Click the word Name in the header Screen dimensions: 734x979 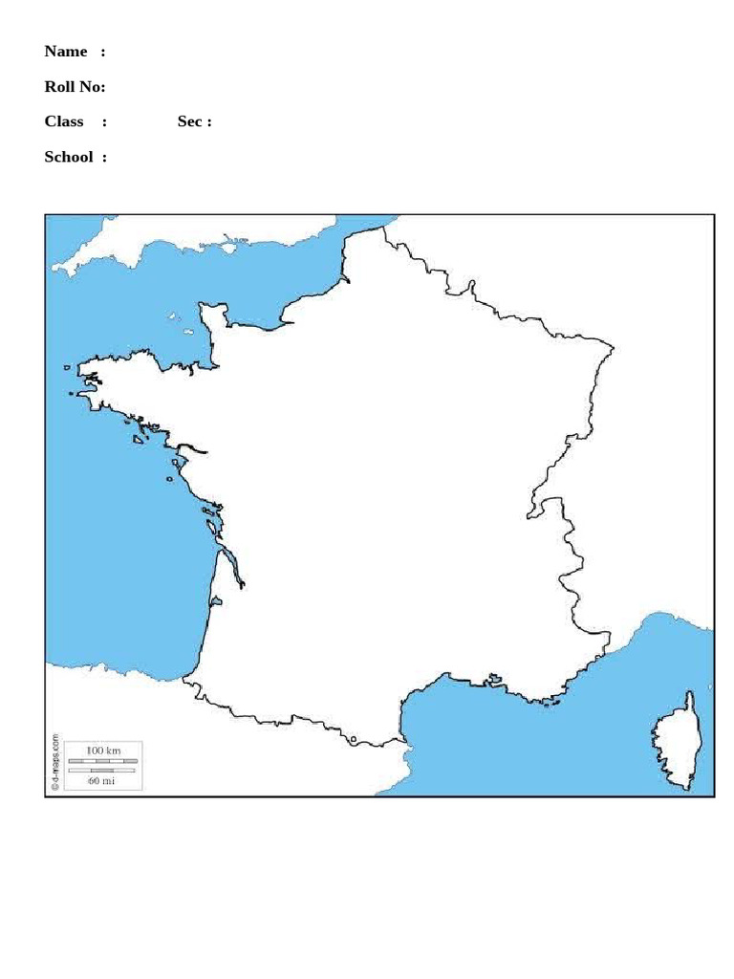pos(66,52)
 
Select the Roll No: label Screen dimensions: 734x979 pos(75,87)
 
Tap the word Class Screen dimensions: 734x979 pos(64,121)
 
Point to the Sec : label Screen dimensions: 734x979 pos(194,121)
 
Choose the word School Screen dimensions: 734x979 pos(69,157)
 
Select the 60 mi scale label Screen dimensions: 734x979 pos(102,780)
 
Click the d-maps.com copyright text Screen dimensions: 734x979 pos(55,762)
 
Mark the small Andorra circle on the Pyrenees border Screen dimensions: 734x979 pos(354,739)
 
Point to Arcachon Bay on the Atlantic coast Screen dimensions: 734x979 pos(216,602)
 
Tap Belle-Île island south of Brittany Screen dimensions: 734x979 pos(139,440)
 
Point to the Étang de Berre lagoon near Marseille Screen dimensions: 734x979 pos(494,680)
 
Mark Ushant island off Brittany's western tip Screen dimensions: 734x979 pos(66,367)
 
